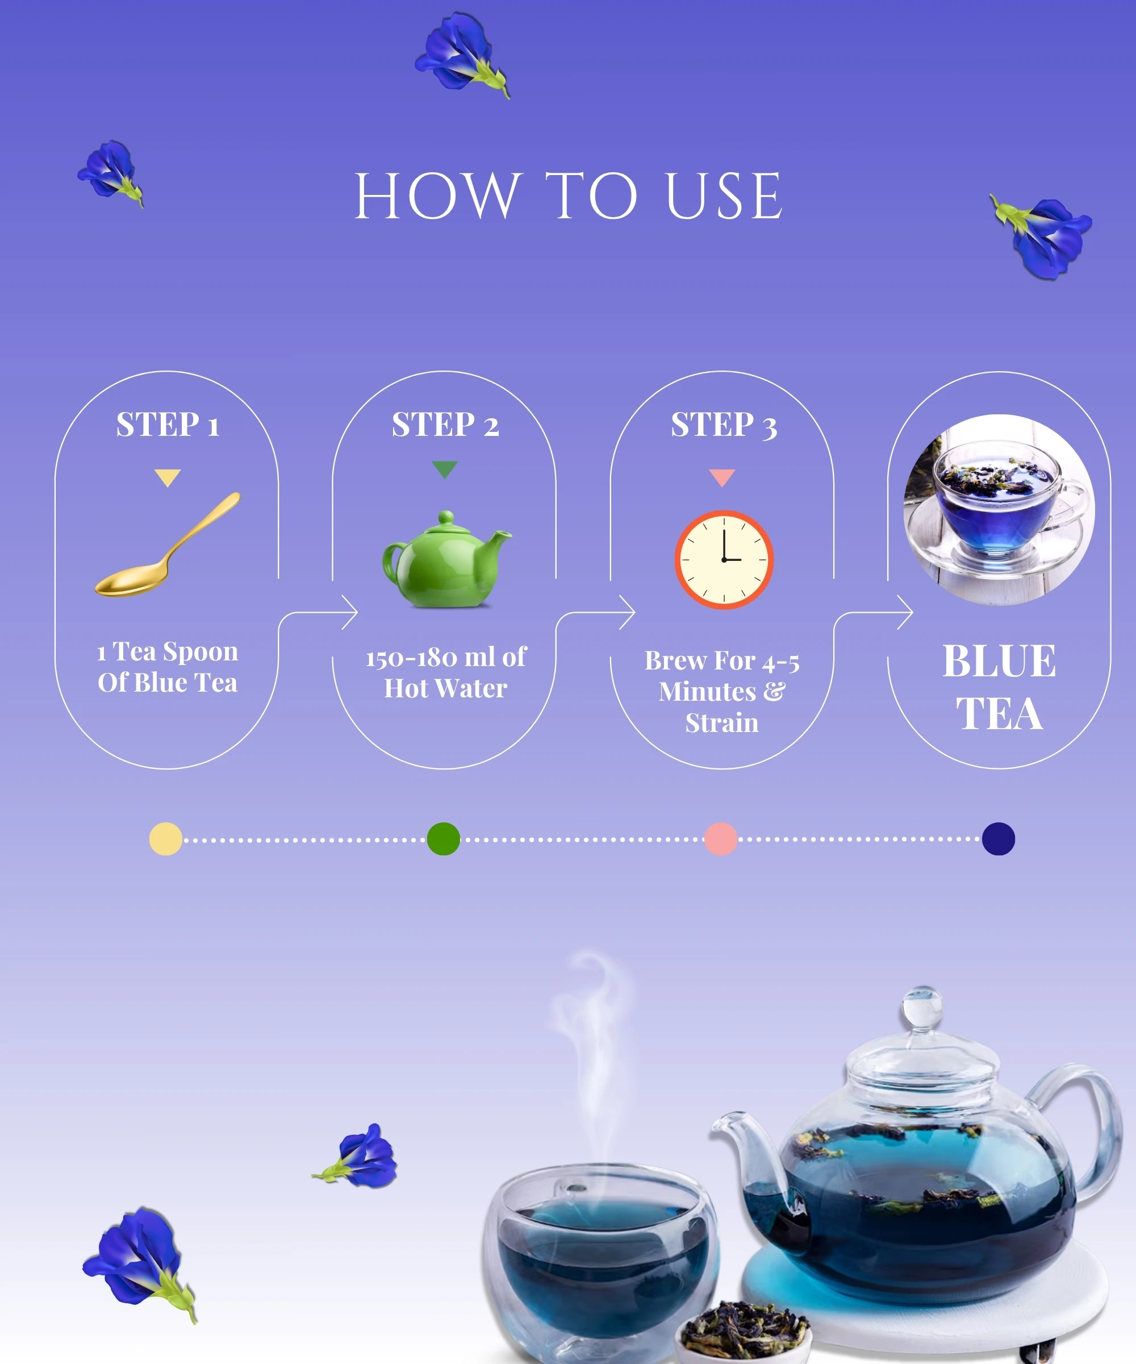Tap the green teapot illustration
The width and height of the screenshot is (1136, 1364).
446,559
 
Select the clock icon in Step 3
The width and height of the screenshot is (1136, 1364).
724,559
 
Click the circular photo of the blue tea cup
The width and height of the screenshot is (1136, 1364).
999,510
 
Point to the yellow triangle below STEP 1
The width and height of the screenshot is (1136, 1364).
168,477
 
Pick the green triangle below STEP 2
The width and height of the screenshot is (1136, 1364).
445,469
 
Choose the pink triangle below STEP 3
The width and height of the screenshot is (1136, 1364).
722,477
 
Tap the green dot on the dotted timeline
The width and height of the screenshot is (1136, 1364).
444,838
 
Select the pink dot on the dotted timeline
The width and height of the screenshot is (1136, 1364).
721,838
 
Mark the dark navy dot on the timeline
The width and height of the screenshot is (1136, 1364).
999,838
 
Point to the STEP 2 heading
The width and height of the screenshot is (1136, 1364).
445,425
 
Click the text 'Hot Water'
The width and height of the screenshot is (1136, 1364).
445,688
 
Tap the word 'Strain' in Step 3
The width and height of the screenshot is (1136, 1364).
722,722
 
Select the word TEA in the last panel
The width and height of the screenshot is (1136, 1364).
999,713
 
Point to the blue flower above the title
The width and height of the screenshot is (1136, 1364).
462,55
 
